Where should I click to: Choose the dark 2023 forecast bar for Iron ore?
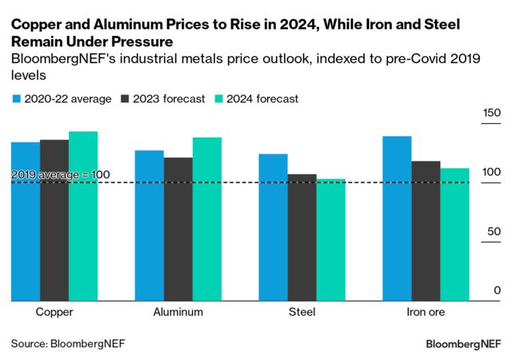point(426,231)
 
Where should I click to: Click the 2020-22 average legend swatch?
point(16,99)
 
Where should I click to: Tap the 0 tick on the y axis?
point(497,290)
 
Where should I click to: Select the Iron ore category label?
point(425,312)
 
